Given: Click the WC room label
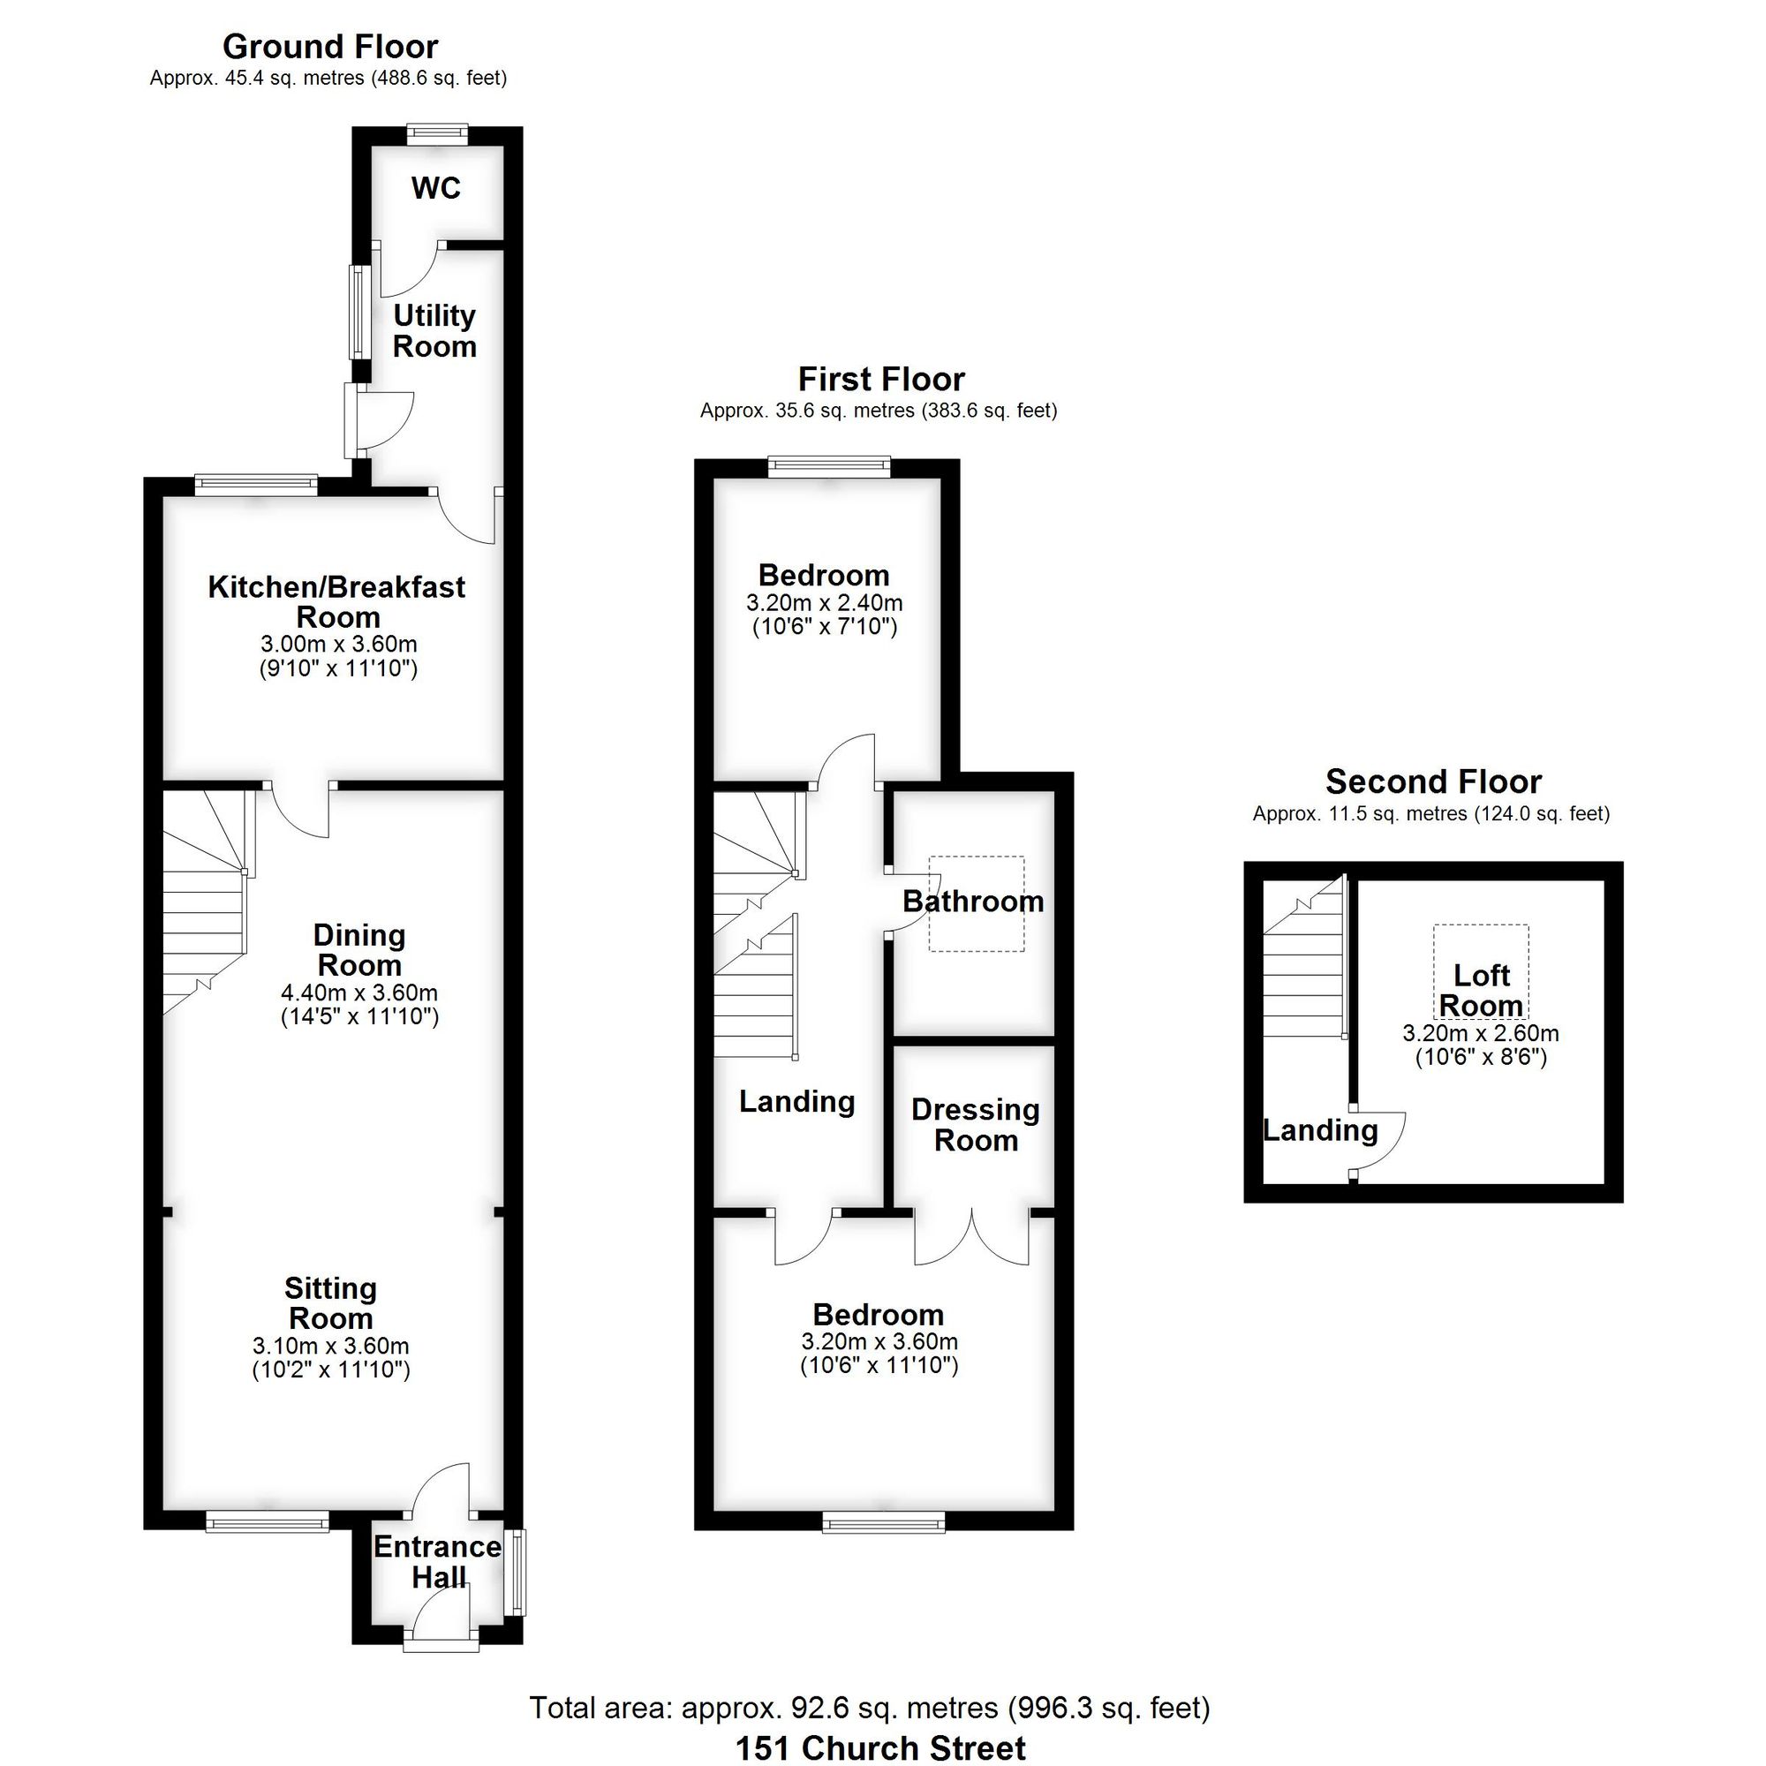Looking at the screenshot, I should click(x=436, y=188).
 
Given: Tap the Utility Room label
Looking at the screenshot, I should click(x=434, y=331).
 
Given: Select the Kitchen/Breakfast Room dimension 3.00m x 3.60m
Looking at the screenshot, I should click(x=338, y=645).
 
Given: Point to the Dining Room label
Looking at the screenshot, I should click(x=359, y=950).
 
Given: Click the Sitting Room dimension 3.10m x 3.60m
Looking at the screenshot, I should click(x=331, y=1346).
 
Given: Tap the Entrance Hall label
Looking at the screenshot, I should click(x=437, y=1561).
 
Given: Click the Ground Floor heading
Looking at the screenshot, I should click(x=330, y=47).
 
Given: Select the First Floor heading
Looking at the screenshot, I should click(x=881, y=380).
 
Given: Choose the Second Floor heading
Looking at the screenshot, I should click(x=1433, y=781).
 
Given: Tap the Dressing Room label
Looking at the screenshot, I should click(x=976, y=1124).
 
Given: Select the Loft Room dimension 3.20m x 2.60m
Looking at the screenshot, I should click(x=1481, y=1033).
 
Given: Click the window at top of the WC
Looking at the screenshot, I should click(x=437, y=134).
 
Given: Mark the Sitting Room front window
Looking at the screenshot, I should click(x=267, y=1521).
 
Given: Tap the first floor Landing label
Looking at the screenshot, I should click(x=796, y=1101).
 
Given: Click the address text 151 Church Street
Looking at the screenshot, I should click(x=880, y=1747).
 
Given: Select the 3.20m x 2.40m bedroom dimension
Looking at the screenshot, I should click(x=825, y=603).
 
